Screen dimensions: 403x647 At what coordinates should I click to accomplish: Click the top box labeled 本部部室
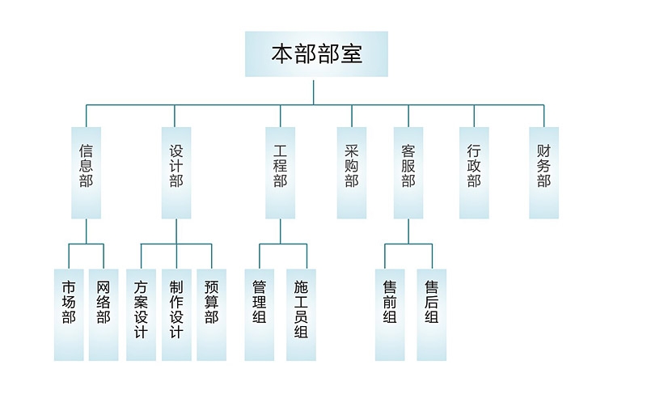pos(316,54)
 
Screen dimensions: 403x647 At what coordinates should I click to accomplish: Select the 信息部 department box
pos(86,172)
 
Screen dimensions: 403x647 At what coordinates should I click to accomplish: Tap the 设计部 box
pos(176,172)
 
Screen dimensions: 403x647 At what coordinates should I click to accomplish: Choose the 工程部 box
pos(281,172)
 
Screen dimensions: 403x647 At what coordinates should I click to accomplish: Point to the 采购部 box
pos(352,172)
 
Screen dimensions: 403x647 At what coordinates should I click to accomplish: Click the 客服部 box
pos(408,172)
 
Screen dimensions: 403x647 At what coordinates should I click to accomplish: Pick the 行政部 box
pos(474,172)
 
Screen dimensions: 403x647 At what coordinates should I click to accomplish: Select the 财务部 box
pos(543,172)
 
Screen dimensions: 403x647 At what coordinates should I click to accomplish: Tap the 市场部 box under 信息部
pos(69,314)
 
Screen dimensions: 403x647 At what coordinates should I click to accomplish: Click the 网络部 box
pos(104,314)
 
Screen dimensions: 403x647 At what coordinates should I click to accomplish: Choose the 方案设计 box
pos(141,314)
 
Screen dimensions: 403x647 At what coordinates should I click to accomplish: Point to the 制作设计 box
pos(176,314)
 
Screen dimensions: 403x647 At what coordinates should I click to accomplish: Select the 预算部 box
pos(211,314)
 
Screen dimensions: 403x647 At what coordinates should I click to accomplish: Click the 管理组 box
pos(260,314)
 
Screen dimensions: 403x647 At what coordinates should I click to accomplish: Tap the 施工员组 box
pos(301,314)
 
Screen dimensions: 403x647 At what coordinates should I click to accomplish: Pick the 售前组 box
pos(390,314)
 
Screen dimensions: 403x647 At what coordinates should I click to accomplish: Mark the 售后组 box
pos(431,314)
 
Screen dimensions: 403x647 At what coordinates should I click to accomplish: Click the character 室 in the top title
pos(351,54)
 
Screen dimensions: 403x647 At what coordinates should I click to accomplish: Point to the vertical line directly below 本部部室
pos(315,91)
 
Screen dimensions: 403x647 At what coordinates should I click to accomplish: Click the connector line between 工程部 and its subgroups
pos(281,231)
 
